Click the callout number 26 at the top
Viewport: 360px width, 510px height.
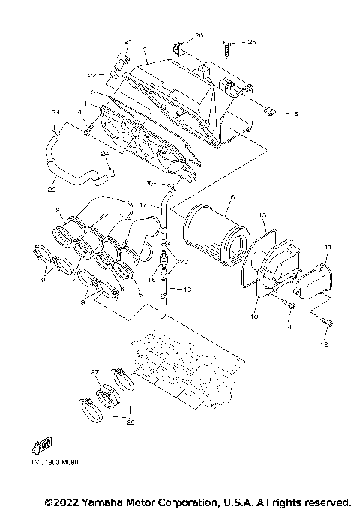(x=199, y=35)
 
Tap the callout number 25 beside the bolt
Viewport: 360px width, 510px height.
(x=252, y=43)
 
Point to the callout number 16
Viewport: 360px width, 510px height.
(x=232, y=196)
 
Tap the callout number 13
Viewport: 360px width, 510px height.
(x=263, y=215)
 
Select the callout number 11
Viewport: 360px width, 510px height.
(x=327, y=247)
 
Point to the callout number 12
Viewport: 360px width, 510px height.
(x=325, y=345)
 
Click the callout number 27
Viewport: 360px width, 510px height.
(x=95, y=372)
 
